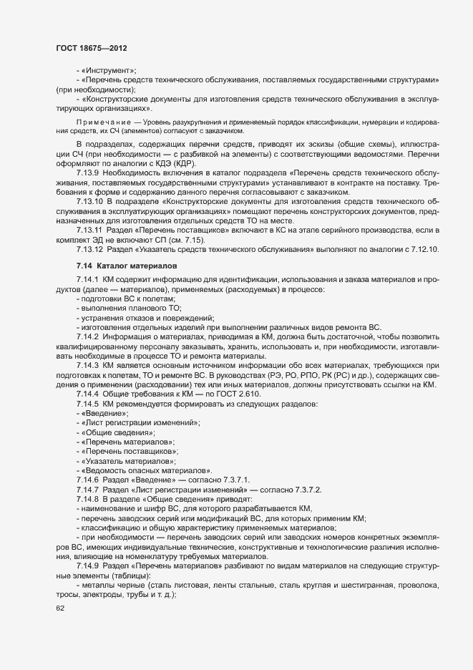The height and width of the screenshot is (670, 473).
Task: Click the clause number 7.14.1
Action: pos(87,280)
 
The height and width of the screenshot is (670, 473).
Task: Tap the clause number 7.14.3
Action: pos(87,364)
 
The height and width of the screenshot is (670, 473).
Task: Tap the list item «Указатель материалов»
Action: pos(128,461)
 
